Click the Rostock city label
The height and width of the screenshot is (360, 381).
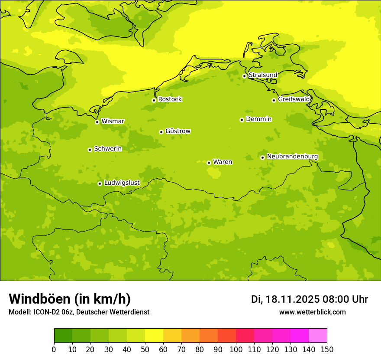[170, 99]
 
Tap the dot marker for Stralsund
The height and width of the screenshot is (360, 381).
[244, 76]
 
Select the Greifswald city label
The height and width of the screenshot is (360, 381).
[294, 99]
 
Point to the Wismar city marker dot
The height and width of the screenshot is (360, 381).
[97, 122]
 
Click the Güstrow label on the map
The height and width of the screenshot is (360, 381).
[178, 131]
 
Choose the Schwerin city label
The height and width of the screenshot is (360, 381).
[108, 149]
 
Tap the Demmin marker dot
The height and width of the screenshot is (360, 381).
[242, 120]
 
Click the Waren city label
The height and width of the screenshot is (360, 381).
[222, 162]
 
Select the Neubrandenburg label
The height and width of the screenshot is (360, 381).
[292, 156]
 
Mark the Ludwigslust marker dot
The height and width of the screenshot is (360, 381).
[100, 183]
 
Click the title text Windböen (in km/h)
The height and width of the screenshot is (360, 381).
[70, 299]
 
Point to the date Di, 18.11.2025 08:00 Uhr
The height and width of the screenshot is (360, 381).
[309, 299]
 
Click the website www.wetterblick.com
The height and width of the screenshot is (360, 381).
[312, 312]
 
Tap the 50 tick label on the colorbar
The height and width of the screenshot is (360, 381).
[145, 349]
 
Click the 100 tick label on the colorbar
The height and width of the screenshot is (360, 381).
[236, 349]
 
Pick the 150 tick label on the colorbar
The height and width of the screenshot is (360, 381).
[327, 349]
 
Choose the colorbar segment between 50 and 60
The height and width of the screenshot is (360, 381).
[154, 336]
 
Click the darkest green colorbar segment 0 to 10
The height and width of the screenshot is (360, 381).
[63, 336]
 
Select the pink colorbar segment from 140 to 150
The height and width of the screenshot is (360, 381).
[318, 336]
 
